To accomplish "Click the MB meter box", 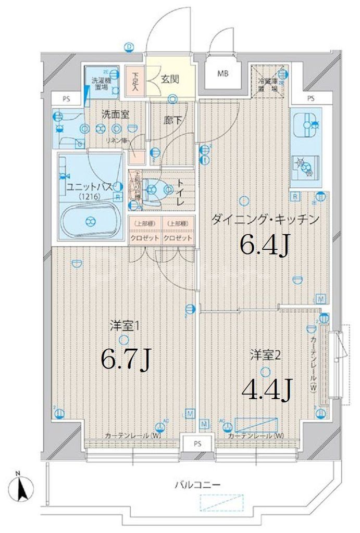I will point(223,73).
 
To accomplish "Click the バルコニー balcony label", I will point(197,485).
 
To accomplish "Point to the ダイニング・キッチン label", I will point(265,220).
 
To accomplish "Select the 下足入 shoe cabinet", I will point(134,81).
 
